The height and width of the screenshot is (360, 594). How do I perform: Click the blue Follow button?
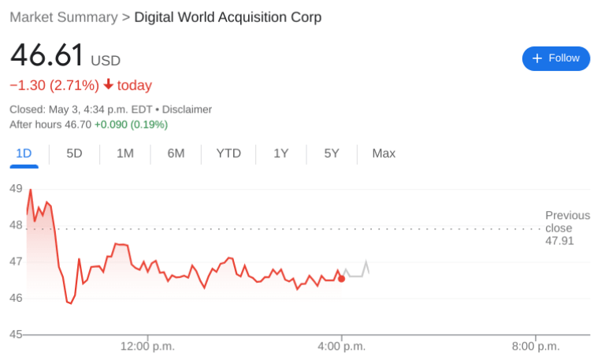click(555, 58)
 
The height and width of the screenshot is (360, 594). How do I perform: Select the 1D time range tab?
click(24, 154)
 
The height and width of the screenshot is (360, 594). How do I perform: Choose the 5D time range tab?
click(74, 154)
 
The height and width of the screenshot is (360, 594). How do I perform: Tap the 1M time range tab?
click(124, 154)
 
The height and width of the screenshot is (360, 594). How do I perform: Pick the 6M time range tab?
click(176, 154)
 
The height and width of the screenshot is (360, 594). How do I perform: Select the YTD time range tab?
click(228, 154)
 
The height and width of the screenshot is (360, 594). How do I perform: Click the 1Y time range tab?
click(281, 154)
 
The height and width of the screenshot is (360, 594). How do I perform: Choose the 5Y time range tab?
click(332, 154)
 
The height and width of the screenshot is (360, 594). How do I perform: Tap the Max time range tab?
click(384, 154)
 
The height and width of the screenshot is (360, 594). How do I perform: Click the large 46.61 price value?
click(46, 56)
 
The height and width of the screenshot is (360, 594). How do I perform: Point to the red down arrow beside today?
click(108, 85)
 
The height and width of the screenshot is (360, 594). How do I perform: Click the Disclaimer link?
click(187, 109)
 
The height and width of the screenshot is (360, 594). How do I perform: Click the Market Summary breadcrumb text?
click(62, 17)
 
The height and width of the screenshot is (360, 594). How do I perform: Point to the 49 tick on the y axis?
click(16, 188)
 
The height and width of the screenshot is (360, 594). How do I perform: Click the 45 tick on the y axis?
click(16, 335)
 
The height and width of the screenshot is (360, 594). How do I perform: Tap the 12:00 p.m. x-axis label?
click(147, 347)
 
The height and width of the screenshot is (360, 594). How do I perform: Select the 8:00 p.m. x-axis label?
click(535, 347)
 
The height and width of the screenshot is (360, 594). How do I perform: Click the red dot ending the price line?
click(341, 278)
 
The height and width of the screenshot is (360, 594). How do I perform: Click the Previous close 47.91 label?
click(567, 228)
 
